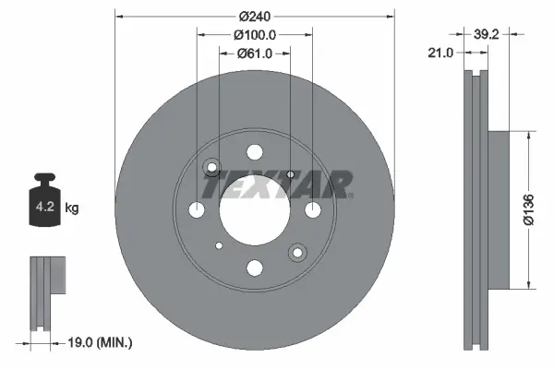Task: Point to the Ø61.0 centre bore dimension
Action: pos(257,54)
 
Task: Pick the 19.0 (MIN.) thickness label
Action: pos(102,342)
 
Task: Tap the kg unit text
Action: pos(72,208)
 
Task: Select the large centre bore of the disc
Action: pos(255,210)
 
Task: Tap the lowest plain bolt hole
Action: pos(255,268)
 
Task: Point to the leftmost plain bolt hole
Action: pos(197,210)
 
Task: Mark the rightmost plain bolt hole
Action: pos(313,210)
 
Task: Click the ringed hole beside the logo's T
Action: pos(211,168)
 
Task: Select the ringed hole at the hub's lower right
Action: pos(297,252)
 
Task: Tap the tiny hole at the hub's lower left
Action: pos(219,246)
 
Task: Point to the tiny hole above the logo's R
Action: pos(290,173)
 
